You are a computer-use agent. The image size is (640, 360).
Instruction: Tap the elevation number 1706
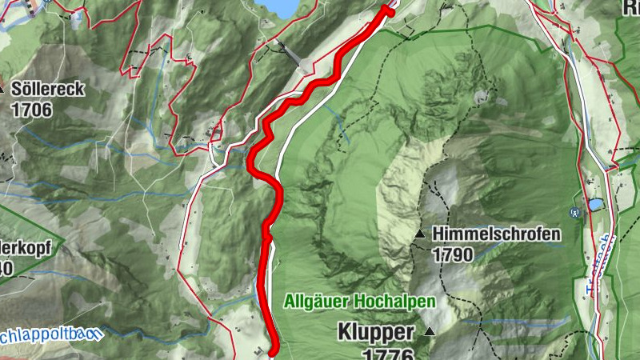click(32, 110)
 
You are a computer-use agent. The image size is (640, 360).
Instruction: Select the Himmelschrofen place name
click(496, 235)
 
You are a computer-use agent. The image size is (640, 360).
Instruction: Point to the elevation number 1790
click(453, 254)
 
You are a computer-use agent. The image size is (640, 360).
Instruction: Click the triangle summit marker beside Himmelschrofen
click(421, 234)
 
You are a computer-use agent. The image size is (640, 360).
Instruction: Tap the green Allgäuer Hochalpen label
click(360, 302)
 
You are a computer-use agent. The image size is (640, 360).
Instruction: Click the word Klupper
click(375, 331)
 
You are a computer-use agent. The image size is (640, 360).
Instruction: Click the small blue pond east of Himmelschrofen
click(596, 206)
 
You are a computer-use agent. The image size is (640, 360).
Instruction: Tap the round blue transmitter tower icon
click(574, 214)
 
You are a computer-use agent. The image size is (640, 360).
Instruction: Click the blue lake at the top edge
click(280, 6)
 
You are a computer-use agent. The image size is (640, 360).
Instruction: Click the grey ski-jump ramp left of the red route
click(291, 55)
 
